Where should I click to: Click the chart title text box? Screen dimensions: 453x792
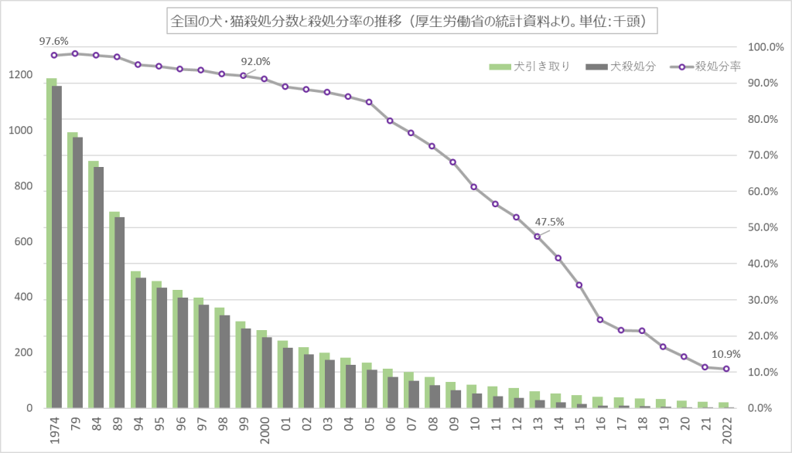pos(411,22)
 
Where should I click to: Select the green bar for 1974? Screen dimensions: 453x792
pos(51,243)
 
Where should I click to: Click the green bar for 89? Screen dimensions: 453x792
pos(114,309)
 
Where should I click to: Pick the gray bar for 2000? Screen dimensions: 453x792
pos(267,373)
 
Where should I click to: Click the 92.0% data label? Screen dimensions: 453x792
pos(257,61)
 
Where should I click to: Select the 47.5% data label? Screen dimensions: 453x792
pos(550,221)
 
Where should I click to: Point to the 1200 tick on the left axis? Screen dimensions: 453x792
pos(21,76)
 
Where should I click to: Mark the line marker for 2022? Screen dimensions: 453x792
pos(725,369)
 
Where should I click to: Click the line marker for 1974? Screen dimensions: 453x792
pos(54,55)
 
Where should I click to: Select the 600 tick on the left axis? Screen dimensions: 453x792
pos(23,242)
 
